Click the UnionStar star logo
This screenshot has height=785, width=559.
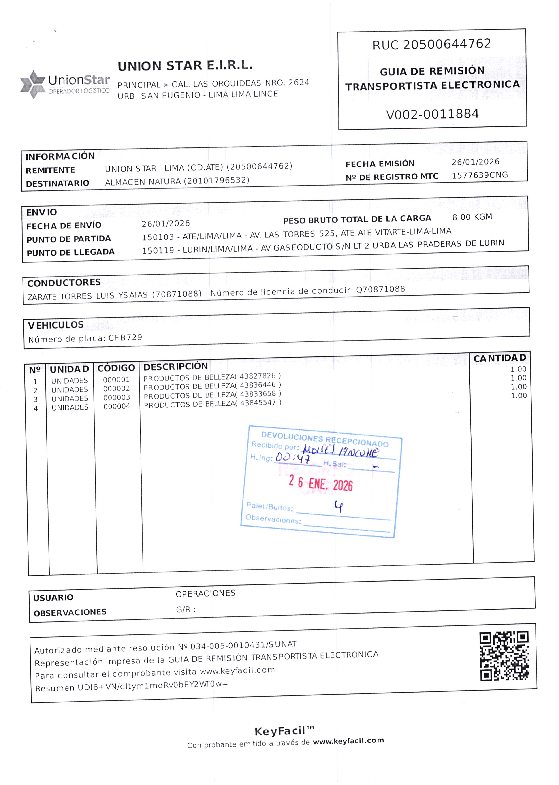32,84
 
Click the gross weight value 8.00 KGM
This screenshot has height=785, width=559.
472,217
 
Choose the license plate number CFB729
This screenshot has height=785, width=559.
125,338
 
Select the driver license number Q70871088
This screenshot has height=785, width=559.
380,289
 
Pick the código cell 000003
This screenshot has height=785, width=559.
117,397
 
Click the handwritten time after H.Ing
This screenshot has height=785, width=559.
292,458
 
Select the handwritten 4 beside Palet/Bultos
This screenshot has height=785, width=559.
339,506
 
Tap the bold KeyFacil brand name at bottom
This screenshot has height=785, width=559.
280,731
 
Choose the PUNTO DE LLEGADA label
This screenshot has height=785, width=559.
70,252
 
